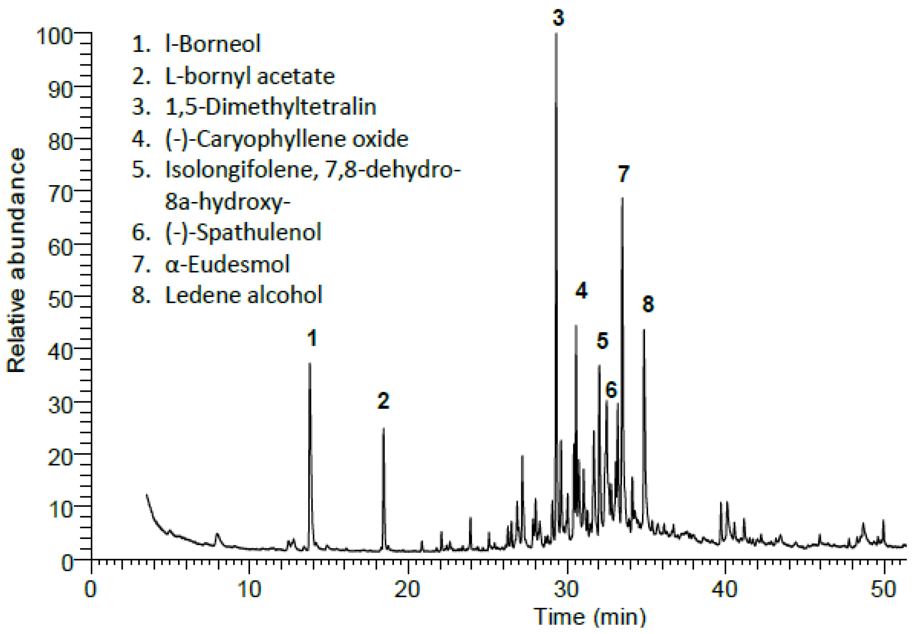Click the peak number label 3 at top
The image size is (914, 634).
(558, 18)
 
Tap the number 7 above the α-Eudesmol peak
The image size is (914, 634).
(623, 174)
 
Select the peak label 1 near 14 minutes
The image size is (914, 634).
(312, 339)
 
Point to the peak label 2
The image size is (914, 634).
(383, 401)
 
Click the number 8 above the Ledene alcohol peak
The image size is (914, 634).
(648, 304)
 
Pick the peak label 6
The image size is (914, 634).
(611, 390)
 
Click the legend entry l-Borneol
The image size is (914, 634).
(212, 44)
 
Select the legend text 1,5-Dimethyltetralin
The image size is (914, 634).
(270, 107)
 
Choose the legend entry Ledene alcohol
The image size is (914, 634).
(243, 295)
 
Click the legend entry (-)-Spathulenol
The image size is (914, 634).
(243, 232)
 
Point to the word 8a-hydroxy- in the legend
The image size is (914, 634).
(227, 202)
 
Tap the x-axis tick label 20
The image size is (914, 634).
(407, 589)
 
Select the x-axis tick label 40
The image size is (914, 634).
(724, 589)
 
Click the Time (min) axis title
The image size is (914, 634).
(589, 617)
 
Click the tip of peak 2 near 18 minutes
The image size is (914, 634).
(383, 429)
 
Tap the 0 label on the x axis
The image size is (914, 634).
(90, 589)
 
